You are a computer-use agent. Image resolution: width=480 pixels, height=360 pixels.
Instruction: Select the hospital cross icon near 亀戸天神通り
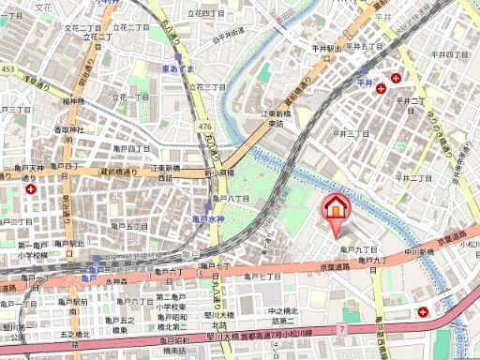[33, 188]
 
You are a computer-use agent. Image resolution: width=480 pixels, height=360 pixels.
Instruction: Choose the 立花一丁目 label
[132, 97]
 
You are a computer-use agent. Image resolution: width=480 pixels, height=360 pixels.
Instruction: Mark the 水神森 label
[116, 280]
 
